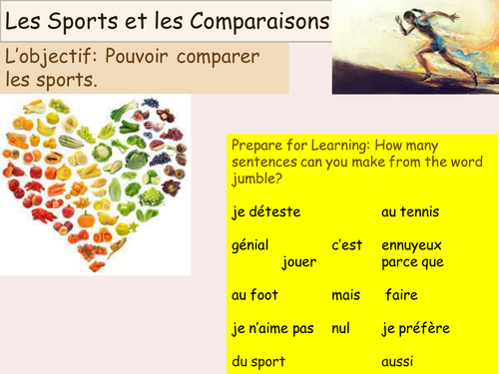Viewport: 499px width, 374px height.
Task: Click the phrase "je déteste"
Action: point(264,211)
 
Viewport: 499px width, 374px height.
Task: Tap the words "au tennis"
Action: point(410,211)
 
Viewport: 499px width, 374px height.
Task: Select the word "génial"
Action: point(249,245)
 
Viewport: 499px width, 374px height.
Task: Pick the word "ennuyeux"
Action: point(411,245)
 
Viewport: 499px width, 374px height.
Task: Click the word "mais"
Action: point(347,295)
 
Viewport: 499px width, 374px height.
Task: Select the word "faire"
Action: point(404,295)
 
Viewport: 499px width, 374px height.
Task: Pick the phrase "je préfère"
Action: point(415,328)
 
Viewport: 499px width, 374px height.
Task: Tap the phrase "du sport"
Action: point(257,361)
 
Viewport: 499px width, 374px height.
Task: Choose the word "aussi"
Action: point(397,361)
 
